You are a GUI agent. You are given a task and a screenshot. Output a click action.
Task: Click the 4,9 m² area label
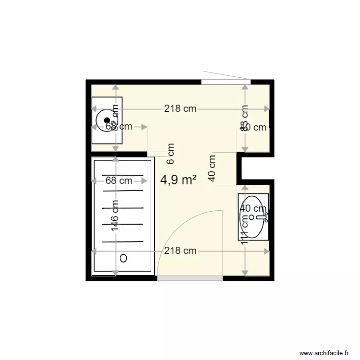(178, 180)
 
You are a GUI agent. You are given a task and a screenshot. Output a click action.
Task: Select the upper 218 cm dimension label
(180, 109)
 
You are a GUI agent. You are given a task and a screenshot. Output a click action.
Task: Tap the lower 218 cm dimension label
(180, 251)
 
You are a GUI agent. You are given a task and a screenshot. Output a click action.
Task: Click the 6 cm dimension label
(171, 152)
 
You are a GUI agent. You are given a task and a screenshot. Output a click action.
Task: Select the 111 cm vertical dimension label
(245, 229)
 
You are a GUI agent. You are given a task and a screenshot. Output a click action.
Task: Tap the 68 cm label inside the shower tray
(119, 181)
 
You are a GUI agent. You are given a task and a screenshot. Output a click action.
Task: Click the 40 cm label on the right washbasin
(253, 209)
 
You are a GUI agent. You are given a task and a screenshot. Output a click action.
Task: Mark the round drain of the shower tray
(123, 258)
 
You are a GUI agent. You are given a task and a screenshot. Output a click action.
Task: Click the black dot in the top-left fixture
(107, 120)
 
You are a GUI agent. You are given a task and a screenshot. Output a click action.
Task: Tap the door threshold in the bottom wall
(190, 278)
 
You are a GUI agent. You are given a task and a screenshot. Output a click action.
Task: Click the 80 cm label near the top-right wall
(254, 127)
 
